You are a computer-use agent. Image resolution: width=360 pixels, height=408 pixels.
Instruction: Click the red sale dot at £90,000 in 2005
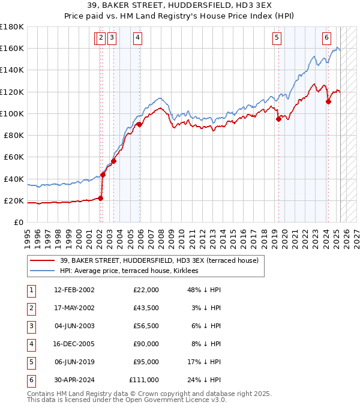[139, 125]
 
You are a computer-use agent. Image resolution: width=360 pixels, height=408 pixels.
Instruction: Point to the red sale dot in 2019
[278, 119]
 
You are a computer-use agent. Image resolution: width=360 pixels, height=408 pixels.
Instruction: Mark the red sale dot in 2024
[328, 101]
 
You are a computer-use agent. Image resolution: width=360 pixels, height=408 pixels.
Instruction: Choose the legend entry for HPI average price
[133, 271]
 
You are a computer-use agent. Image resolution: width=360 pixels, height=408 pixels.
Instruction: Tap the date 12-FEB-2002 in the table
[74, 290]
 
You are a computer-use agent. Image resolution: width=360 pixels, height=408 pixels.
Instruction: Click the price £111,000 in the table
[144, 380]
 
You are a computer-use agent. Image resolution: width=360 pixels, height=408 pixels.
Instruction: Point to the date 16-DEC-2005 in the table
[74, 344]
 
